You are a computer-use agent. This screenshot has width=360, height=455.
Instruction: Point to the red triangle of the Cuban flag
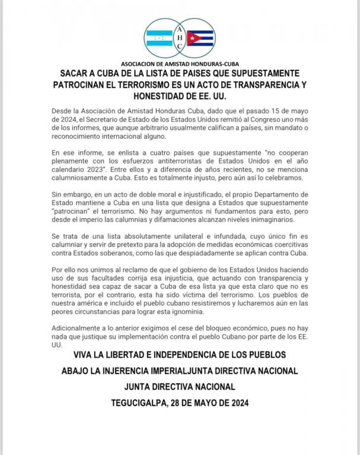[191, 38]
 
